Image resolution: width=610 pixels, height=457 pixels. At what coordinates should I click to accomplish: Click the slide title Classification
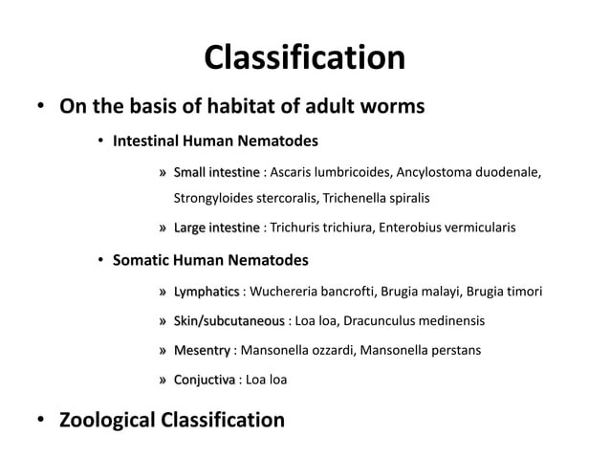pos(304,58)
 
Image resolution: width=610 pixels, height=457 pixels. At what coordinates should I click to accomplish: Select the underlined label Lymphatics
pos(206,291)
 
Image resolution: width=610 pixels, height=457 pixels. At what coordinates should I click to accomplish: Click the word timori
pos(522,291)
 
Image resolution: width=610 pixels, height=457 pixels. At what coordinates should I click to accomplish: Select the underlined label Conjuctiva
pos(204,380)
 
